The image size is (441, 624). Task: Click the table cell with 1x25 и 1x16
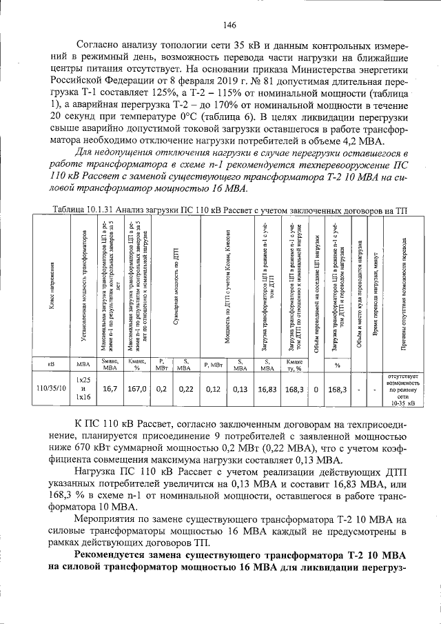point(83,388)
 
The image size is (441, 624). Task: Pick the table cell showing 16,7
point(110,388)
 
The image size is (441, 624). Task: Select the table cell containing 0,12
point(212,388)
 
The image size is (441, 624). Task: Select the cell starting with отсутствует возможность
point(403,388)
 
